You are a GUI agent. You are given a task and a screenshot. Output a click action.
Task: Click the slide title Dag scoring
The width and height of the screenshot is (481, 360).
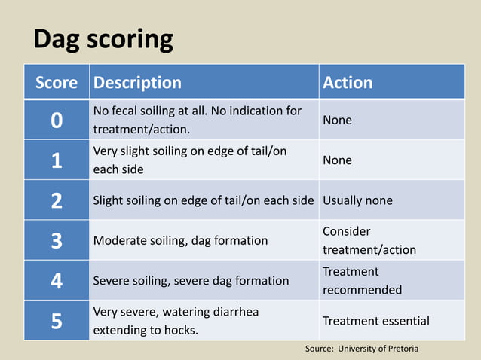point(103,39)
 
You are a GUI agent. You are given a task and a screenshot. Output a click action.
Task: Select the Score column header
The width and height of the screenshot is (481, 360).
point(57,82)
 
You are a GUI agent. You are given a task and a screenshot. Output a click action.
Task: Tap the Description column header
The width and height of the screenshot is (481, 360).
point(136,82)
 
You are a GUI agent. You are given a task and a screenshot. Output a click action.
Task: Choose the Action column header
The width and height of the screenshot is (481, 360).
point(348,82)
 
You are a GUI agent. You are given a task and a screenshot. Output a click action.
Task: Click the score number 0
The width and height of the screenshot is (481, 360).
point(57,121)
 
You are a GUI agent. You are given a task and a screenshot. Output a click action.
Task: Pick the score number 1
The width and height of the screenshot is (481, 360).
point(57,160)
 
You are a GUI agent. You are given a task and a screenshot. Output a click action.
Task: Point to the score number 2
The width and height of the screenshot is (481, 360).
point(57,201)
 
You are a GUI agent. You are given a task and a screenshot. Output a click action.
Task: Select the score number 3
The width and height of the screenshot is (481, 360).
point(57,241)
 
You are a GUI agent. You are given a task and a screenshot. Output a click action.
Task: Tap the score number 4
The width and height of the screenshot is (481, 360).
point(57,281)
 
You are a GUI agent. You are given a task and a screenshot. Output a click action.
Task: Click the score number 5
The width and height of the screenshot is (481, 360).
point(57,321)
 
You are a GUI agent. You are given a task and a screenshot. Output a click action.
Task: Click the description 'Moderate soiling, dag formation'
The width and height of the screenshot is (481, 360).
point(180,241)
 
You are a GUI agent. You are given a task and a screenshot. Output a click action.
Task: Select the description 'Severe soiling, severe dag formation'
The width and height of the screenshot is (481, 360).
point(191,281)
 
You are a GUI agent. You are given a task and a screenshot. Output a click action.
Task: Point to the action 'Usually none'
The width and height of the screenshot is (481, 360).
point(357,201)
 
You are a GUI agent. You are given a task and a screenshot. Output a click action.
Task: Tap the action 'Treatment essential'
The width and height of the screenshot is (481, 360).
point(376,321)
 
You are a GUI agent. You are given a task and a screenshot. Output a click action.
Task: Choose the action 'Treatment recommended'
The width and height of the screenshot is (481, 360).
point(362,281)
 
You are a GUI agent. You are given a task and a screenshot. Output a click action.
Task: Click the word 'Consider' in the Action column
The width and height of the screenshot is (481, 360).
point(346,232)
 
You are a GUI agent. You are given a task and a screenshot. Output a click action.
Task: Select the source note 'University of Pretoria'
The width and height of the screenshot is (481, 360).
point(377,349)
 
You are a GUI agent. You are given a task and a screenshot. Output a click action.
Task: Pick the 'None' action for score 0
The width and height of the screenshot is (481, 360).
point(337,121)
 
